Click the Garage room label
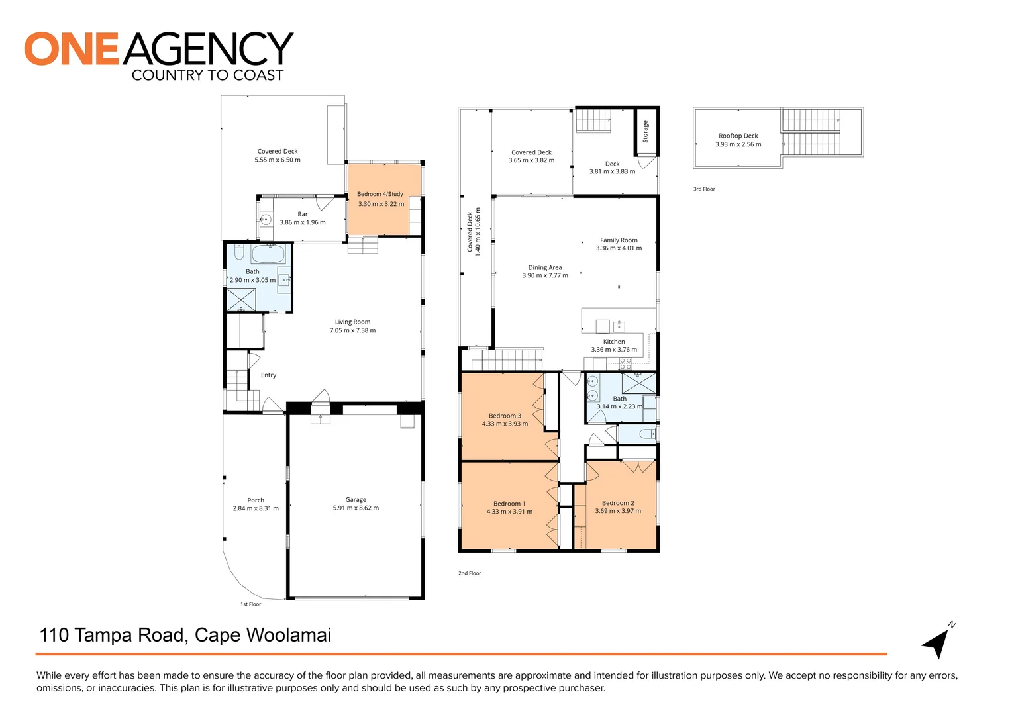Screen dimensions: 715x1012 [356, 500]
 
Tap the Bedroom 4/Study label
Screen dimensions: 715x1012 [380, 194]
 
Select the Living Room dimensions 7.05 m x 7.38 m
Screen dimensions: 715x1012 [352, 330]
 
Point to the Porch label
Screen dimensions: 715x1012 [256, 501]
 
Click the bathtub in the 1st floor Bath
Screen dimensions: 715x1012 [268, 254]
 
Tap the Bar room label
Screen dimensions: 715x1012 [303, 214]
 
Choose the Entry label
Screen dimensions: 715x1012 [268, 375]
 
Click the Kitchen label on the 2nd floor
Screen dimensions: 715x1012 [614, 342]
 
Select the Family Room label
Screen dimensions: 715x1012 [619, 240]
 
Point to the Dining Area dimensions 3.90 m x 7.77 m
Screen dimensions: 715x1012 [545, 275]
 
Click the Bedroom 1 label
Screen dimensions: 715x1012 [509, 504]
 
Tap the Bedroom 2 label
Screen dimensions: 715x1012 [618, 503]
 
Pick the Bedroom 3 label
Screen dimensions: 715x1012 [505, 416]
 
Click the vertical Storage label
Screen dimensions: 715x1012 [646, 131]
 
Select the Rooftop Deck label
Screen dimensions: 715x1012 [738, 136]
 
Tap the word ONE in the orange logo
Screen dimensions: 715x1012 [72, 50]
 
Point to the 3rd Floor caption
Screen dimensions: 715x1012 [704, 189]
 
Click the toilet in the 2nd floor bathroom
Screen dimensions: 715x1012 [646, 434]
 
